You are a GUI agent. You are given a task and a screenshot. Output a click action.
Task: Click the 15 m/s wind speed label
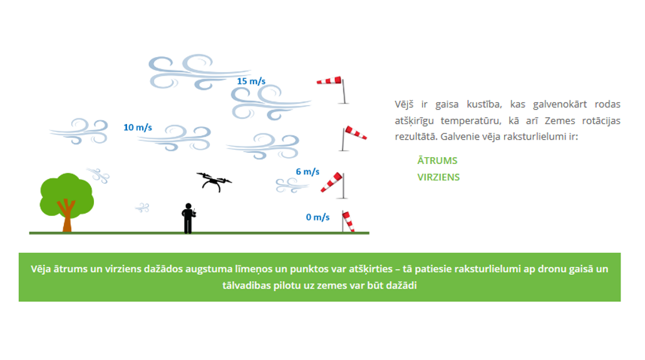pyautogui.click(x=251, y=81)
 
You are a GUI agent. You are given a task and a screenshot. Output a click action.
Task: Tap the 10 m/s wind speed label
pyautogui.click(x=138, y=128)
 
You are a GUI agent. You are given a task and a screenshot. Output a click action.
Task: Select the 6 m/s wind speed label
pyautogui.click(x=307, y=172)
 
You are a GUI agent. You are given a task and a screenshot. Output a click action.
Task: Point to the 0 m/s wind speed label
pyautogui.click(x=317, y=217)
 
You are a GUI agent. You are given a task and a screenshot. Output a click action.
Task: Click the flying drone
pyautogui.click(x=214, y=182)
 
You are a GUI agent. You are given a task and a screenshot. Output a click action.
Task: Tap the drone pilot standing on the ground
pyautogui.click(x=188, y=219)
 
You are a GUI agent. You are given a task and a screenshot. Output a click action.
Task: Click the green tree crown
pyautogui.click(x=66, y=194)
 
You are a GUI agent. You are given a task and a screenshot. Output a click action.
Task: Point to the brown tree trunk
pyautogui.click(x=66, y=218)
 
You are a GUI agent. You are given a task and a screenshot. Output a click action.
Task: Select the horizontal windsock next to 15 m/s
pyautogui.click(x=329, y=80)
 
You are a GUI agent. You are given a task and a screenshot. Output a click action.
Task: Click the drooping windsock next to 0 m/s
pyautogui.click(x=348, y=221)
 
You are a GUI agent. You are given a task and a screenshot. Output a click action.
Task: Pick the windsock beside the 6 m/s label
pyautogui.click(x=332, y=182)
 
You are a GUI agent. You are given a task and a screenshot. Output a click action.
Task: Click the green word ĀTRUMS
pyautogui.click(x=437, y=160)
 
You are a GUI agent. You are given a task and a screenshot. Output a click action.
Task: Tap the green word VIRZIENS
pyautogui.click(x=438, y=177)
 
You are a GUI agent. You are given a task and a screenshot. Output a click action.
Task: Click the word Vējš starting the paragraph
pyautogui.click(x=404, y=105)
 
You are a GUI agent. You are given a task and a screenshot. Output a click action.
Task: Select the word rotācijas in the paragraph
pyautogui.click(x=601, y=121)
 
